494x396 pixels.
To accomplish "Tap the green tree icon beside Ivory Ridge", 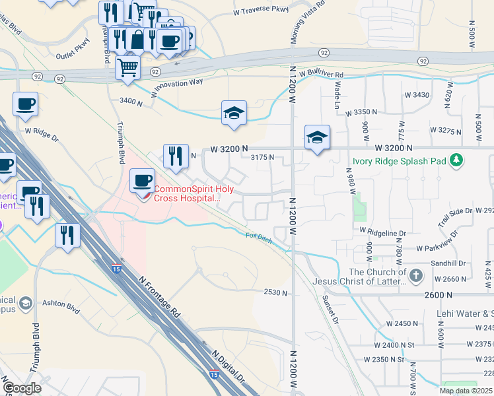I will [x=456, y=160].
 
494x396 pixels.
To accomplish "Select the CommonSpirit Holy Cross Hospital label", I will [x=186, y=193].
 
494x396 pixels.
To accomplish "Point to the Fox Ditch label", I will [x=259, y=237].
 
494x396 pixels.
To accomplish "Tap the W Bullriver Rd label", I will [x=321, y=75].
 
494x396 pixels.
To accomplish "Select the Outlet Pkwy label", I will [x=72, y=56].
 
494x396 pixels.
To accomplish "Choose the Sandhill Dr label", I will [x=449, y=263].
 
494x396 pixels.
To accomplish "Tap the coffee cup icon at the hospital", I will [x=142, y=181].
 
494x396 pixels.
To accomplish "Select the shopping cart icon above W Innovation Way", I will [x=127, y=67].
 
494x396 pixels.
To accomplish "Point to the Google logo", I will [x=22, y=388].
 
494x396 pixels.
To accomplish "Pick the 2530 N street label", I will [x=276, y=292].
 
